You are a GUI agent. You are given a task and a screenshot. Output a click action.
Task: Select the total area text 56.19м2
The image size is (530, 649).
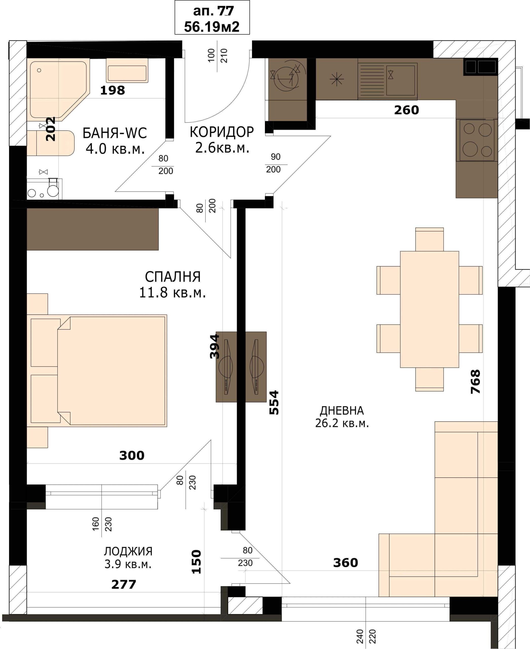212,27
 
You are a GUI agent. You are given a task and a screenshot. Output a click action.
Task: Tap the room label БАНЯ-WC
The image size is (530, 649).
115,133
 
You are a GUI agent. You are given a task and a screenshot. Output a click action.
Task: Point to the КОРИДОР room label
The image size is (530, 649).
222,132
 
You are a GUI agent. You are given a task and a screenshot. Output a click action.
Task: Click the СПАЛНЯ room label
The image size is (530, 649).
173,277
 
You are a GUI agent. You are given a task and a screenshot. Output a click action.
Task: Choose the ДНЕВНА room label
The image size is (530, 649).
342,410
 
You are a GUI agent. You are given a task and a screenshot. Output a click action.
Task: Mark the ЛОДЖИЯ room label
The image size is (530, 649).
128,551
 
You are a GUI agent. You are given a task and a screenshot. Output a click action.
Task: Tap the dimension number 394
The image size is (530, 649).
214,346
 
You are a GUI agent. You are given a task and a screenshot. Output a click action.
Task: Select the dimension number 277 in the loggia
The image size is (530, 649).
124,584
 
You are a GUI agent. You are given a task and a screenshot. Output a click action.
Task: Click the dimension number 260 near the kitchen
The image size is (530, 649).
406,110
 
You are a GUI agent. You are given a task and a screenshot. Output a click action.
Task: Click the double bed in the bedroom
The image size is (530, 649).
97,370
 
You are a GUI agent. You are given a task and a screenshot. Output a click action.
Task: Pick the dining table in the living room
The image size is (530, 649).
429,309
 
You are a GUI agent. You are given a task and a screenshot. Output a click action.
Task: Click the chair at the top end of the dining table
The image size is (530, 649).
429,239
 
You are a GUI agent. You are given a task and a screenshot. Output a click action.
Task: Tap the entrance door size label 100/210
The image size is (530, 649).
217,56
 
